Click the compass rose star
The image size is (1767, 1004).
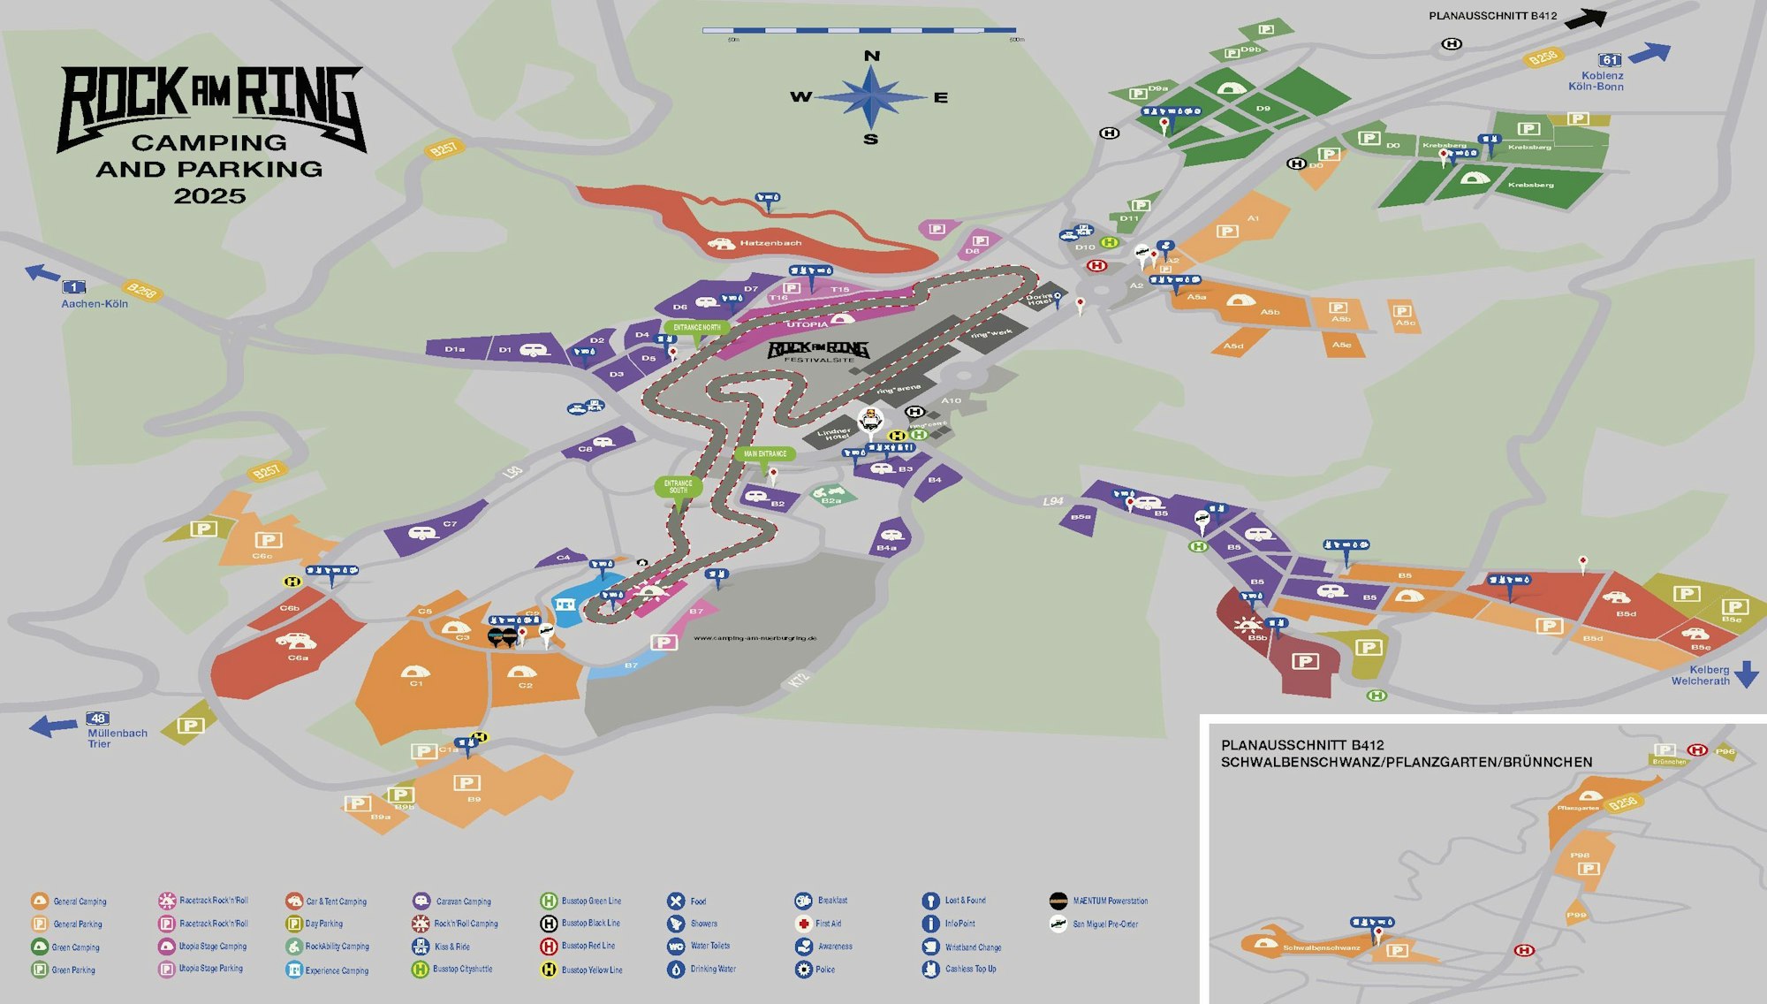[871, 97]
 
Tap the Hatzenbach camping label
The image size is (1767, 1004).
[770, 243]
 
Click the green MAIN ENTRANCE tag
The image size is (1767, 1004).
[765, 453]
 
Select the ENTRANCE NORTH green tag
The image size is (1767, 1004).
[697, 327]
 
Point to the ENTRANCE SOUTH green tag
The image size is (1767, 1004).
[678, 486]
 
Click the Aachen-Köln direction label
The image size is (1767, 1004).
[95, 304]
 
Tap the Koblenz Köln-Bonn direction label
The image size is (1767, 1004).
[1596, 81]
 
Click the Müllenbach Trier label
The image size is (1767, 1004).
[117, 738]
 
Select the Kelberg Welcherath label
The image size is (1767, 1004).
[1700, 675]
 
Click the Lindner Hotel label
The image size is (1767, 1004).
[834, 434]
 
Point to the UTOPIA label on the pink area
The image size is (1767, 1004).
[807, 324]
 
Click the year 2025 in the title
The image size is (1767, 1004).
[209, 196]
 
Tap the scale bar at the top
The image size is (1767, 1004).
[859, 31]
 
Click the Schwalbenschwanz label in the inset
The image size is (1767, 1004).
[1321, 947]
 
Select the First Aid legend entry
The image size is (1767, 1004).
[828, 924]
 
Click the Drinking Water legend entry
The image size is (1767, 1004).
[712, 970]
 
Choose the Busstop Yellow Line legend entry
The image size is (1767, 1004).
[591, 970]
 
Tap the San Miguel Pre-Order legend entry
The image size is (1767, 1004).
[1104, 924]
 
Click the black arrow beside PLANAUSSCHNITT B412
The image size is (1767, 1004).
[1585, 18]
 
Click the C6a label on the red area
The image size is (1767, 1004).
[298, 658]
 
